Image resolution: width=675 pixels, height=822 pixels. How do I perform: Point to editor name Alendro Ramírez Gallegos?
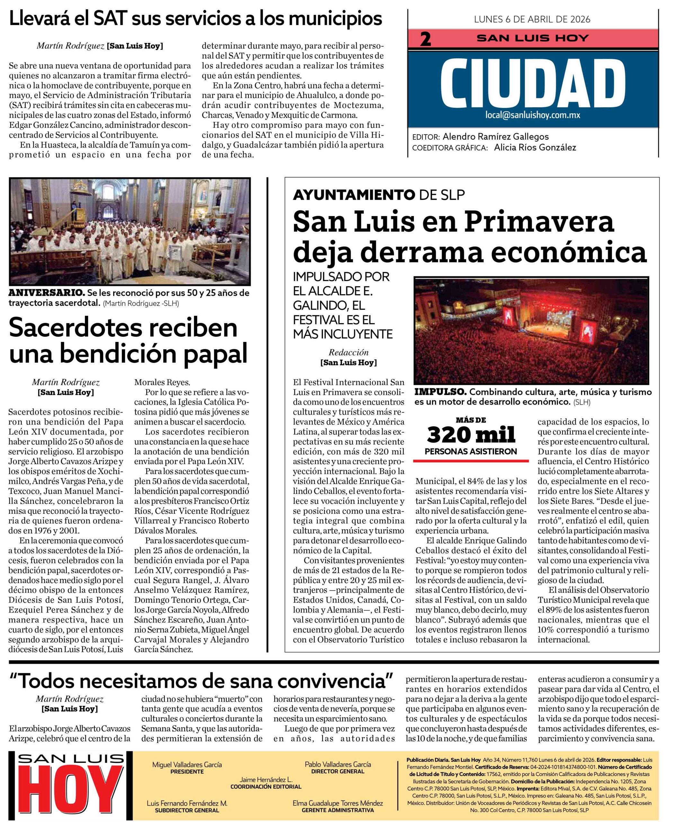tap(496, 137)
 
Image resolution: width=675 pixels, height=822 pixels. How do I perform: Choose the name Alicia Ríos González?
tap(535, 147)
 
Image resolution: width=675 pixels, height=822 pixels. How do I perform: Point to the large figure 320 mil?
tap(471, 434)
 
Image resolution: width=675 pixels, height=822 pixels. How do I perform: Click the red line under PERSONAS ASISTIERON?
tap(471, 461)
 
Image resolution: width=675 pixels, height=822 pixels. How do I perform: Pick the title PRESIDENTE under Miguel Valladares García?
tap(187, 772)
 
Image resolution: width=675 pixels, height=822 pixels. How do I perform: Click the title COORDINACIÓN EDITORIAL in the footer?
tap(266, 787)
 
